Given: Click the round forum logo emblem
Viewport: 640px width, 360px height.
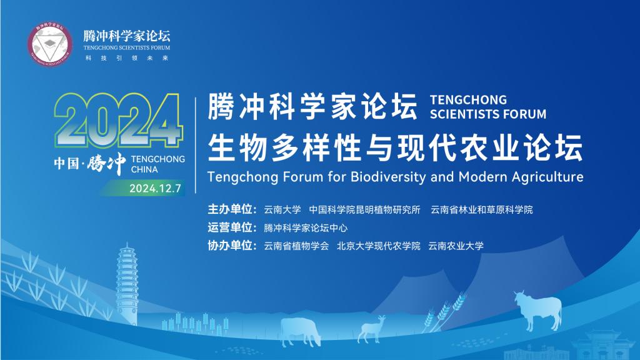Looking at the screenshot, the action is click(50, 44).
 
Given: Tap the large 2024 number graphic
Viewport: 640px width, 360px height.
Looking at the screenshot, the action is click(117, 121).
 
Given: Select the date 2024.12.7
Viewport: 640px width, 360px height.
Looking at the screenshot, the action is click(155, 189).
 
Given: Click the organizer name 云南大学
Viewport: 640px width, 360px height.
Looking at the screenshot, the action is click(282, 210).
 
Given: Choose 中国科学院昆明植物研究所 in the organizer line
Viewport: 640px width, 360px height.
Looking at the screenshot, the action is click(364, 210).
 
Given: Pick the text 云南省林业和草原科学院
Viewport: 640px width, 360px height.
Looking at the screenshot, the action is click(482, 210).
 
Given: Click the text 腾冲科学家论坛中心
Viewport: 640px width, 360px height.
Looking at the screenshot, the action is click(306, 227).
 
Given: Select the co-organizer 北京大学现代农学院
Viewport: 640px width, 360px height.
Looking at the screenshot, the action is click(378, 246).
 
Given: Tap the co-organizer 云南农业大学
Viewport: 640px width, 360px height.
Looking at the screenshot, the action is click(456, 246).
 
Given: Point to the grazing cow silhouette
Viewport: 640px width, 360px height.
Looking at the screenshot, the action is click(300, 331).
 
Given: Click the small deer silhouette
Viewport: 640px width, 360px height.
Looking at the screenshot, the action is click(371, 329).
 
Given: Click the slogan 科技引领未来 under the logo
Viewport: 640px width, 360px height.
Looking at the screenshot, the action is click(126, 58).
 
